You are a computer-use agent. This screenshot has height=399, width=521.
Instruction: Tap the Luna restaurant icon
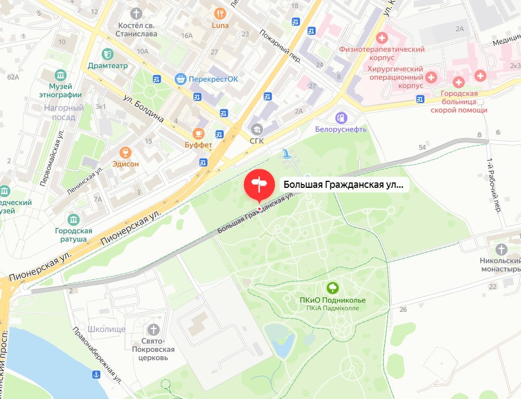pos(220,13)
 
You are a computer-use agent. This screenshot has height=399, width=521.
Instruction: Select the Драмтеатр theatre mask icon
pos(108,53)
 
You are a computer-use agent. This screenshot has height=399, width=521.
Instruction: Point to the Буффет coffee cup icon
pos(199,133)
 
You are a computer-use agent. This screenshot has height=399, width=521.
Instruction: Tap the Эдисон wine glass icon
pos(126,152)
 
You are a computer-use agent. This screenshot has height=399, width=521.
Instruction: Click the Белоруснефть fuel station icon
pos(341,117)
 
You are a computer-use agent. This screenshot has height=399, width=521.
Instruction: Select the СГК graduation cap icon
pos(256,128)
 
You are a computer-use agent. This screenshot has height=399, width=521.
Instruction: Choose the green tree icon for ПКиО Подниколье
pos(333,287)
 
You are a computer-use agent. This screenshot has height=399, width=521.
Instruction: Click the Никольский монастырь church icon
pos(502,250)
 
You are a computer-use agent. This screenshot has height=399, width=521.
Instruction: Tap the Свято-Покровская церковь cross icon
pos(154,329)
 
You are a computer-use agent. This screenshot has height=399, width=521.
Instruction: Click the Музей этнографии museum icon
pos(61,74)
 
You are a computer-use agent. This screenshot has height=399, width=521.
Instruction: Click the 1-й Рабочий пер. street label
pos(493,184)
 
